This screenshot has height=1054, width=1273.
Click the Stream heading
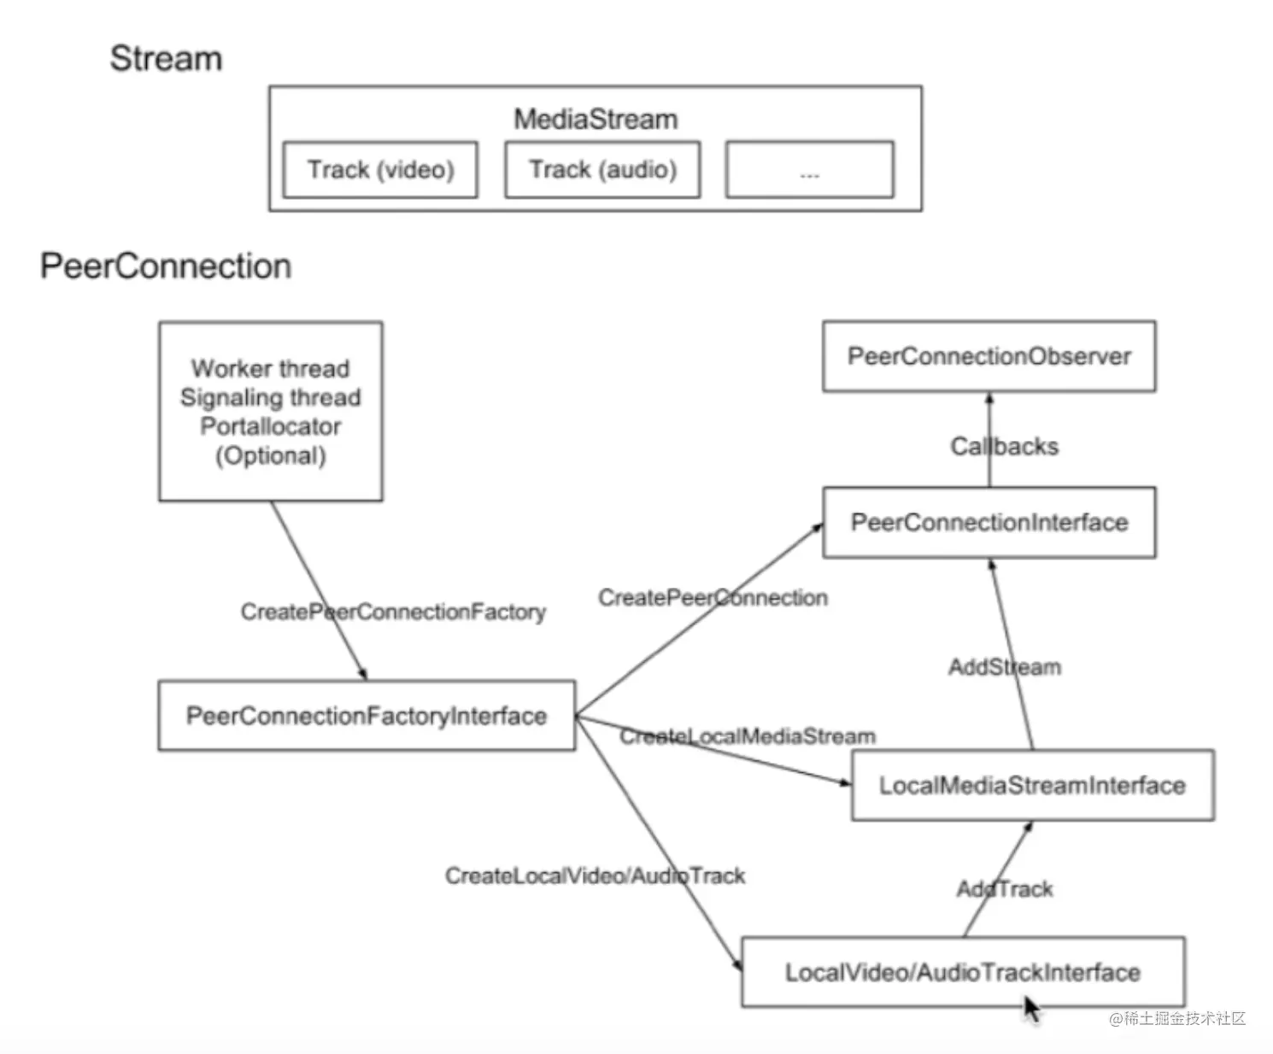[166, 59]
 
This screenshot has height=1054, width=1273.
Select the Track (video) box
[380, 170]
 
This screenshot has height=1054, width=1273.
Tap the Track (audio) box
[602, 170]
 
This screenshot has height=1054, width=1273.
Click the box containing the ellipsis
[809, 170]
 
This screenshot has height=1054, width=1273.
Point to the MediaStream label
[595, 119]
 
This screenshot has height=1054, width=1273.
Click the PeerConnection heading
[166, 266]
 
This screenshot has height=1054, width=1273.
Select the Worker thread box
[270, 411]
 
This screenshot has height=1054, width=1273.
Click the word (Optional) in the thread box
[270, 456]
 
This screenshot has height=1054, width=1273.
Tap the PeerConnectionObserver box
[988, 356]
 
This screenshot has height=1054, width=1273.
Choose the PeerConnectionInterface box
[988, 522]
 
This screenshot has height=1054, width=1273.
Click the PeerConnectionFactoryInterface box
[367, 716]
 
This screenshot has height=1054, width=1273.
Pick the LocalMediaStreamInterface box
[1032, 785]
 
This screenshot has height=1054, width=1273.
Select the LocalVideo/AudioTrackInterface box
[962, 972]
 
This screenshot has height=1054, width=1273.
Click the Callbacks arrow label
[1005, 447]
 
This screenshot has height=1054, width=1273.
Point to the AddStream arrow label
[1005, 667]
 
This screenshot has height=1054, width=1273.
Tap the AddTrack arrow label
[1005, 889]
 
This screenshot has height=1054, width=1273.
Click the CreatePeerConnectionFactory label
[393, 612]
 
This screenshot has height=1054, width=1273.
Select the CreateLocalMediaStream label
[748, 736]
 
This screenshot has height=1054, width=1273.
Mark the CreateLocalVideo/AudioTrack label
[595, 875]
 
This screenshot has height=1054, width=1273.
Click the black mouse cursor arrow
[1031, 1009]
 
